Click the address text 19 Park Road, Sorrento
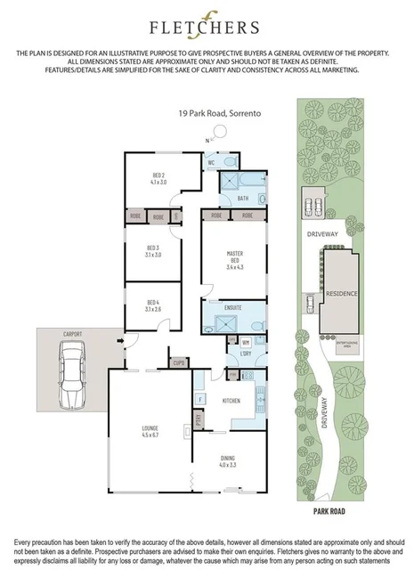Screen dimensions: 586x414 tap(206, 115)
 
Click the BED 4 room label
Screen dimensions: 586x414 tap(152, 306)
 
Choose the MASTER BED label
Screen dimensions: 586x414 tap(234, 258)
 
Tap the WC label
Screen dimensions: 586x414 tap(212, 164)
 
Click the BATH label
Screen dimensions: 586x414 tap(242, 199)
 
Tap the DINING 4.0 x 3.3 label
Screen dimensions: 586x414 tap(228, 461)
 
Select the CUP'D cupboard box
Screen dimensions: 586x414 tap(178, 362)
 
